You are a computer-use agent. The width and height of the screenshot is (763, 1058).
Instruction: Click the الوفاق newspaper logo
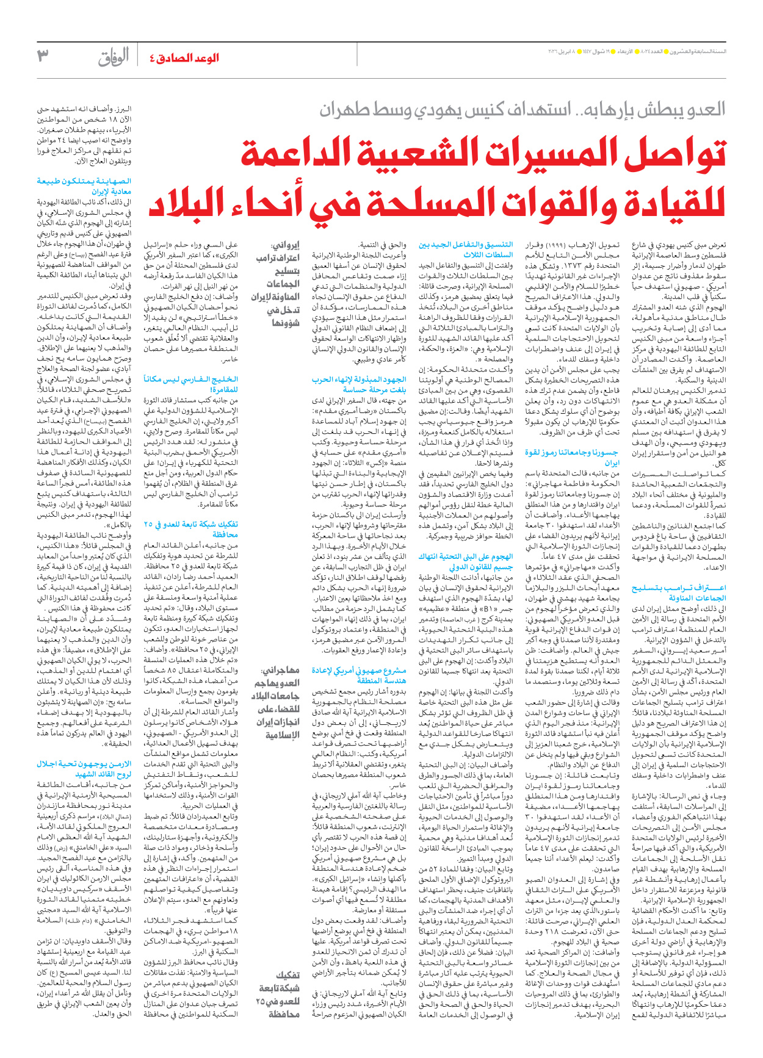[x=114, y=57]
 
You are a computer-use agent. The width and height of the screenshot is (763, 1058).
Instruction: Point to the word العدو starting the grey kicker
[x=705, y=110]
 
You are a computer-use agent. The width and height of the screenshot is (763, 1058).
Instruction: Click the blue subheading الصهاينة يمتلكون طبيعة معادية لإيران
[x=84, y=186]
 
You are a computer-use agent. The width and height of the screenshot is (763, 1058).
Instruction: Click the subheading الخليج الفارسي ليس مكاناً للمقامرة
[x=190, y=384]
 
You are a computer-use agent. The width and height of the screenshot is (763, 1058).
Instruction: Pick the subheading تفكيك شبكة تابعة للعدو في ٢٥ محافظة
[x=190, y=529]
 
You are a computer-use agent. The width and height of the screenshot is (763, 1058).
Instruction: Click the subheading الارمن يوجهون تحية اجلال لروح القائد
[x=84, y=769]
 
